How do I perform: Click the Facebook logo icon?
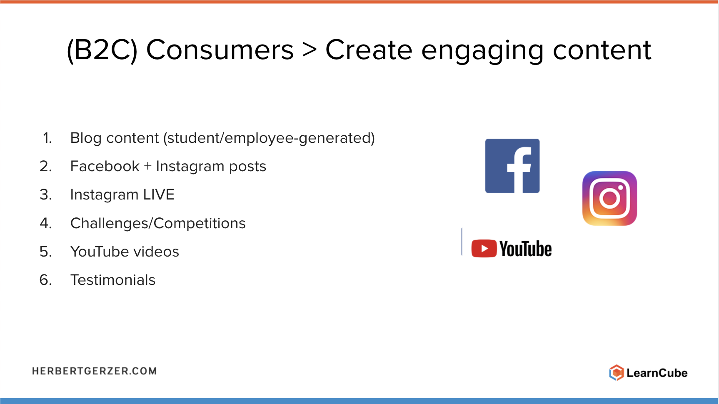512,166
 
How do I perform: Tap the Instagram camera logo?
609,198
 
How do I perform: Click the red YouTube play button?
484,249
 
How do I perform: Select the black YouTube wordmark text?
526,249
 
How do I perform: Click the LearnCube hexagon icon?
616,373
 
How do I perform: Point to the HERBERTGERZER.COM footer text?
95,371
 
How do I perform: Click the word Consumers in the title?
220,50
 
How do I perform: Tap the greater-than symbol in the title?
310,50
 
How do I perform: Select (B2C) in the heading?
102,50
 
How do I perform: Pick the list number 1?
47,138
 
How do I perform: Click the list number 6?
46,280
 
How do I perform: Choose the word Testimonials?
113,280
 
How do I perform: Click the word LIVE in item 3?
159,195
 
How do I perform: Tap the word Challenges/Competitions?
158,224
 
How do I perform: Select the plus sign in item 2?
147,167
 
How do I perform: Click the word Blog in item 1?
86,138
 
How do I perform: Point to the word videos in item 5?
156,252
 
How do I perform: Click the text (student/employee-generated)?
269,138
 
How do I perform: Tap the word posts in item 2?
247,167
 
